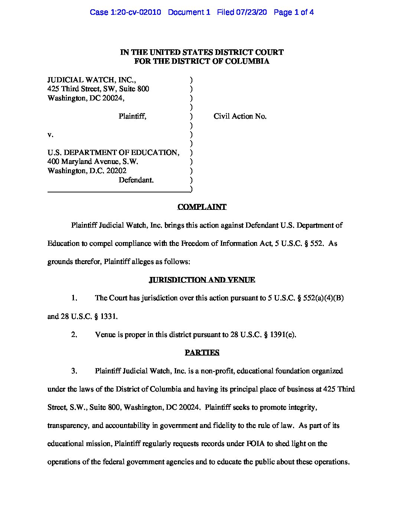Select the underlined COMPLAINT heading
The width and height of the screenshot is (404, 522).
click(x=202, y=207)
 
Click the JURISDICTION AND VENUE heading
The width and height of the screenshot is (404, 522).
click(x=202, y=280)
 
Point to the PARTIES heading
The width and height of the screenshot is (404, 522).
click(x=202, y=353)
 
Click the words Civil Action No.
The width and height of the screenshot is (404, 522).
click(x=240, y=116)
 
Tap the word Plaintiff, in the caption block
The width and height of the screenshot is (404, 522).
click(x=133, y=116)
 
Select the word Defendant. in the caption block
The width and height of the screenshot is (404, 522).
click(x=136, y=180)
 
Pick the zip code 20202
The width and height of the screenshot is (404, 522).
click(x=116, y=171)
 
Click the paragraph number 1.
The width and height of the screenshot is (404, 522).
click(x=74, y=298)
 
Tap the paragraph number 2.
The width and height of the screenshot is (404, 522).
click(x=74, y=335)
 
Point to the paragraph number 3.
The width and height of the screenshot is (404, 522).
click(x=74, y=371)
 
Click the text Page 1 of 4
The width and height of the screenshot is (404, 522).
click(x=294, y=12)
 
